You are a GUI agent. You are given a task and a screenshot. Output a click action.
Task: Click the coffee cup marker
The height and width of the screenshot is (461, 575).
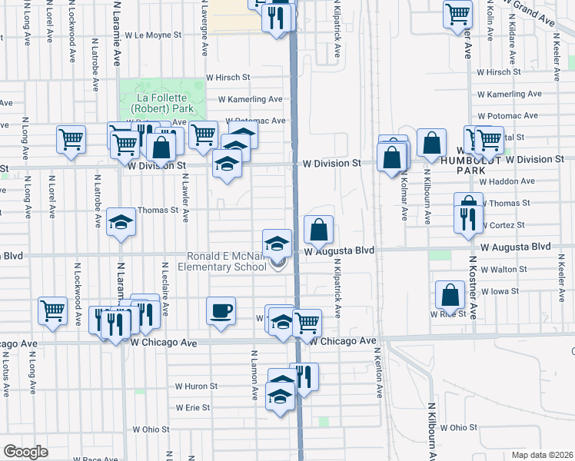(221, 311)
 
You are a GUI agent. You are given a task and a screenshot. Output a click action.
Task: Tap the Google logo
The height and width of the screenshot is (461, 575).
(25, 452)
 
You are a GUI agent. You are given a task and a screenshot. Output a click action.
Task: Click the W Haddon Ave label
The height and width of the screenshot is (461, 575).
(507, 181)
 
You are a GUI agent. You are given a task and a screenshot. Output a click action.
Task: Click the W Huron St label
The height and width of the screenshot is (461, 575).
(193, 386)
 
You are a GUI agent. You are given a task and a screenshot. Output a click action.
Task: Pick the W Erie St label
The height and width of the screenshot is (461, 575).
(192, 408)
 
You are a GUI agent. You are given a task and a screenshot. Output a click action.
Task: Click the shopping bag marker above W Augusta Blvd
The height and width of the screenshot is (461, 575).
(318, 228)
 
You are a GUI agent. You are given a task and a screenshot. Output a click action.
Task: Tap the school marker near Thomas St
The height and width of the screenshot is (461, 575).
(121, 222)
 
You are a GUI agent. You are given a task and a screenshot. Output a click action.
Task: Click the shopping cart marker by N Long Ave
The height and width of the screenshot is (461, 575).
(71, 141)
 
